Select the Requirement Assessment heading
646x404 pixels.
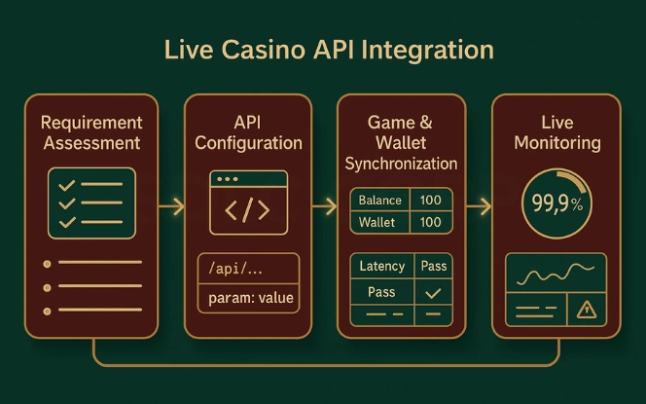[x=91, y=133]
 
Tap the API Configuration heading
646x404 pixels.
[x=248, y=132]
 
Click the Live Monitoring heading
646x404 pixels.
[x=556, y=133]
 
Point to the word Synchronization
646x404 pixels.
[x=401, y=164]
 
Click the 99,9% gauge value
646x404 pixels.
[x=556, y=204]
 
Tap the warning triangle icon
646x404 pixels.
[x=586, y=310]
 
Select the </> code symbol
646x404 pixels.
[x=248, y=211]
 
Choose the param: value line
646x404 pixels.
[x=250, y=297]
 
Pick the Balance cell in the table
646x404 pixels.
[x=379, y=201]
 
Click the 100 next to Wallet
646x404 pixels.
[x=431, y=223]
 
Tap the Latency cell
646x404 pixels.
[x=381, y=267]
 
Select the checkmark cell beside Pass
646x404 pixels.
[x=433, y=292]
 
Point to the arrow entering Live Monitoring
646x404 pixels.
[x=478, y=206]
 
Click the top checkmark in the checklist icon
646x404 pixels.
[x=67, y=185]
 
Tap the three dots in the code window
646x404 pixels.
[x=228, y=180]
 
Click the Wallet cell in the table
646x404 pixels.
[x=377, y=223]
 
